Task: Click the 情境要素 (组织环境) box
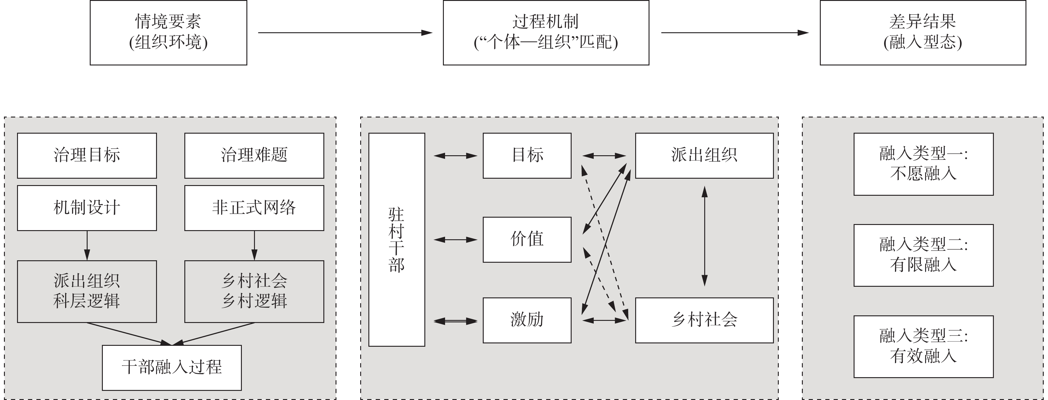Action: click(x=169, y=33)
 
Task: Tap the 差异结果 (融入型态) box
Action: click(x=923, y=33)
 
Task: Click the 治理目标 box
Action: click(x=87, y=156)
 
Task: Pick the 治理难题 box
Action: click(x=254, y=156)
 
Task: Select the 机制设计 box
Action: click(x=87, y=208)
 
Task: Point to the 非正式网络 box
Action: click(x=254, y=208)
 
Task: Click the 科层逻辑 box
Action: click(x=87, y=291)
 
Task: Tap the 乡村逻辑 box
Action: click(x=254, y=291)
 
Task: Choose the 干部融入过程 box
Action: click(x=172, y=367)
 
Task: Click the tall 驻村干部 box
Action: click(x=397, y=240)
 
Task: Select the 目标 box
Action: click(x=527, y=156)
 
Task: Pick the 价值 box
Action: click(x=527, y=239)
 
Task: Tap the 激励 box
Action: click(x=527, y=320)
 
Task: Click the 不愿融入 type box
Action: click(x=924, y=164)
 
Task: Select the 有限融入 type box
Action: click(x=924, y=255)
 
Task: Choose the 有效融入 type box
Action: click(x=924, y=346)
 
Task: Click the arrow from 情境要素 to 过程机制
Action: click(x=345, y=33)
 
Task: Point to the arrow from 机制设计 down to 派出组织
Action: click(x=87, y=245)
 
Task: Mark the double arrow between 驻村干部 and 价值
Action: click(x=455, y=240)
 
